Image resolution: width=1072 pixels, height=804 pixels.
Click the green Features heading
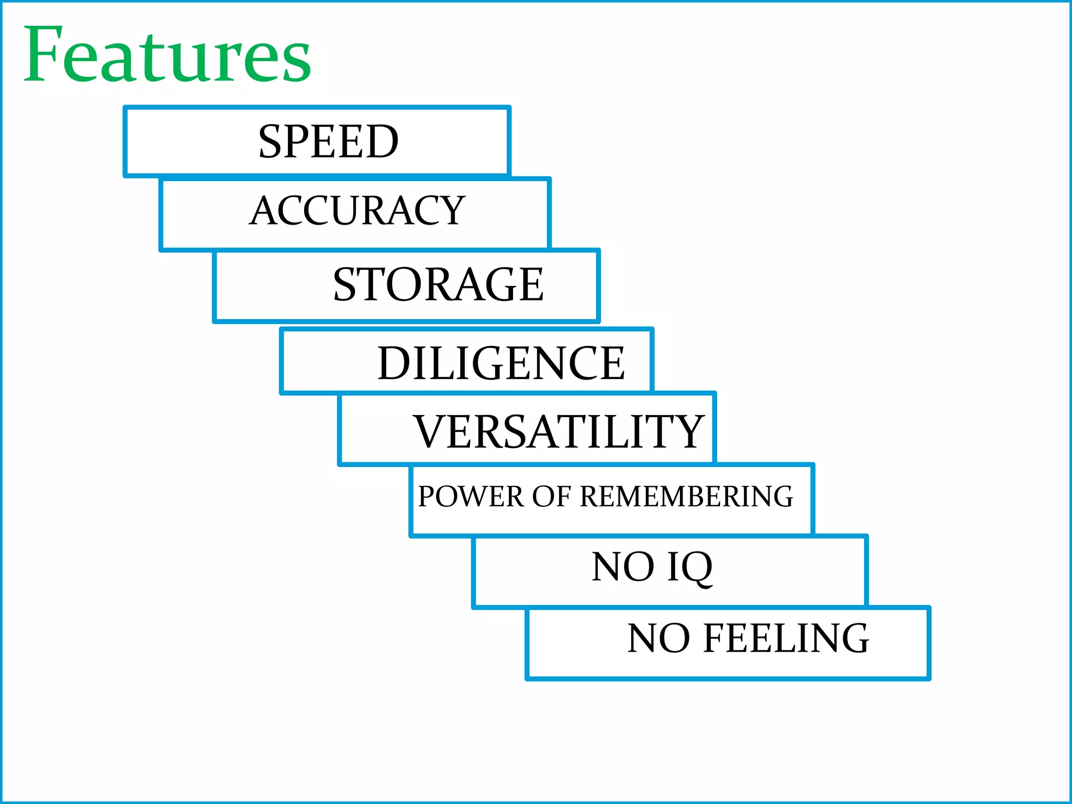point(167,55)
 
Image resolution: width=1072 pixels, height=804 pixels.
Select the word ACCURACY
point(357,210)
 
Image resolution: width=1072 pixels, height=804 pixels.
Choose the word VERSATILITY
point(559,432)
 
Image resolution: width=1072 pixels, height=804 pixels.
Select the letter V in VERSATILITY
point(430,431)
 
